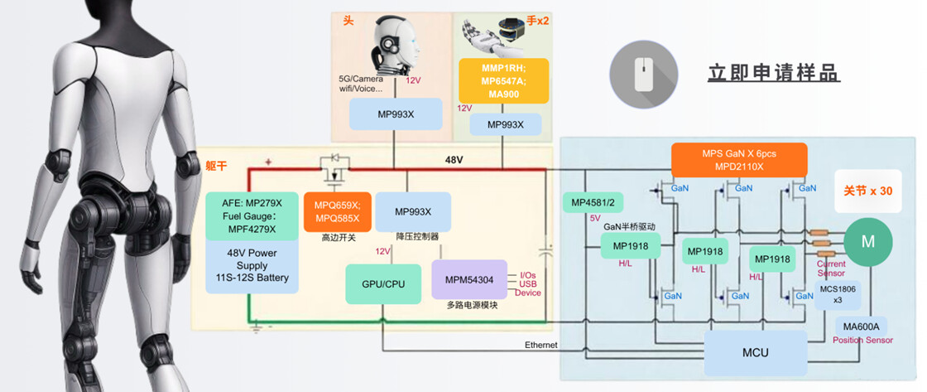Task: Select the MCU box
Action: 755,352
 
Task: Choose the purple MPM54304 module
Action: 469,280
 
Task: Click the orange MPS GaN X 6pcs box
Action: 738,160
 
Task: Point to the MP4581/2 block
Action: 593,202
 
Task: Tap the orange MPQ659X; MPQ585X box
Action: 337,212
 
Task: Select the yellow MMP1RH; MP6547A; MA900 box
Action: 504,81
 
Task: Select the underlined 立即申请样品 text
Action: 773,73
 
